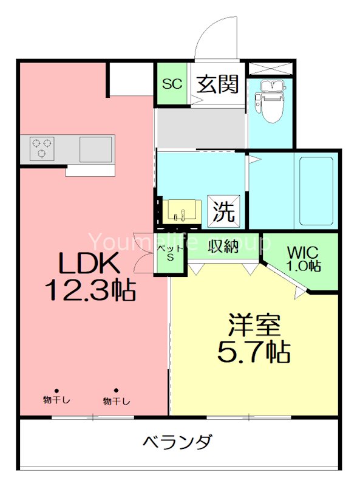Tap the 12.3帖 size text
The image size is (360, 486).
point(91,292)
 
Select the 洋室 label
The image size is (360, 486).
point(254,326)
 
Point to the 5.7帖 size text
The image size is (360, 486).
point(254,351)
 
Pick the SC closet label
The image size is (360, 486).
point(172,84)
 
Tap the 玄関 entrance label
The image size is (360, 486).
point(217,84)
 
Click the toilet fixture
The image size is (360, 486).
point(270,100)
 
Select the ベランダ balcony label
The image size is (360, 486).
point(177,442)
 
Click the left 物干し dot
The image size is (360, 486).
point(56,391)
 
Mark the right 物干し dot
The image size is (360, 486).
point(116,391)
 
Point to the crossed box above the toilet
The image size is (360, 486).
point(270,69)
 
